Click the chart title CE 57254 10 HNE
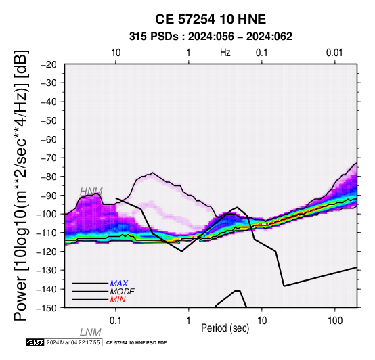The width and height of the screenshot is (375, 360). click(211, 19)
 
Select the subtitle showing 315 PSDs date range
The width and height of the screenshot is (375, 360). click(211, 37)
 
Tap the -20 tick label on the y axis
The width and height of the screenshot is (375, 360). click(49, 64)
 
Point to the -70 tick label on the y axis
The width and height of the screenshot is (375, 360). click(49, 158)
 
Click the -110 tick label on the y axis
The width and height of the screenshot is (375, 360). click(47, 233)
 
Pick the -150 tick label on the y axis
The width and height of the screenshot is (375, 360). click(47, 308)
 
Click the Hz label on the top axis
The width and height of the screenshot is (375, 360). click(225, 53)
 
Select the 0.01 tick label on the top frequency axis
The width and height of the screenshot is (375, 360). click(334, 53)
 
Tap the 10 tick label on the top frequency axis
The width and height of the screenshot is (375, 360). click(116, 53)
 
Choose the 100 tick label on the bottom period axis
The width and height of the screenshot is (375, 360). click(335, 321)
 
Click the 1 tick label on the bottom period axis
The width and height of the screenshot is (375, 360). click(189, 321)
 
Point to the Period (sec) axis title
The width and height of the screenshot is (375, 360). click(225, 328)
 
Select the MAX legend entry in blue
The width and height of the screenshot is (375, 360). click(119, 284)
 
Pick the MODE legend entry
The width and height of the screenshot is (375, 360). click(123, 292)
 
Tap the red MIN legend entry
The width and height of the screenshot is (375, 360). click(118, 300)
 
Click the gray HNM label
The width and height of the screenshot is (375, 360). click(91, 192)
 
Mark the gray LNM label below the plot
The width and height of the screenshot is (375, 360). click(91, 332)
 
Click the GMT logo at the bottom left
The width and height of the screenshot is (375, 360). click(35, 342)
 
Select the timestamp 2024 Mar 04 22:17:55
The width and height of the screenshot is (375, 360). click(73, 342)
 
